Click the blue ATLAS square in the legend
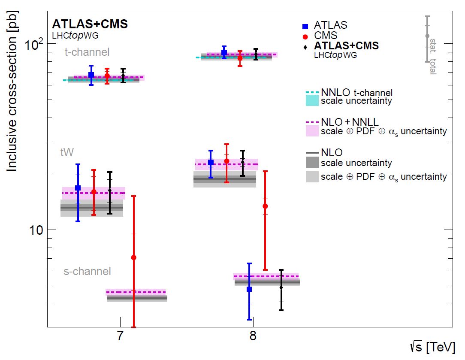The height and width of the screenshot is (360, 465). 305,26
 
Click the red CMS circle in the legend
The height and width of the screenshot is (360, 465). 305,36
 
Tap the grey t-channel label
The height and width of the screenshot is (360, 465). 87,52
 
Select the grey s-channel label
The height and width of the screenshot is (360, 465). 88,271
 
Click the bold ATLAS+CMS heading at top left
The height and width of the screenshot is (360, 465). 90,24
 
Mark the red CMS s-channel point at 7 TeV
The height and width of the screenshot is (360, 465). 133,257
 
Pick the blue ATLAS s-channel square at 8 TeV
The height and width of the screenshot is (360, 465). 249,289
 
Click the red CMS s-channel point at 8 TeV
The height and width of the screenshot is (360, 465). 265,206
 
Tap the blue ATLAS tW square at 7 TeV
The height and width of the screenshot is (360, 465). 78,188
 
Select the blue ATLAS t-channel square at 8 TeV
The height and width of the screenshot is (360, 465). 224,52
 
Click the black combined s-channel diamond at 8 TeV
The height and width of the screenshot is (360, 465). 281,287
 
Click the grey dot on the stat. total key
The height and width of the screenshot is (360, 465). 427,36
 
